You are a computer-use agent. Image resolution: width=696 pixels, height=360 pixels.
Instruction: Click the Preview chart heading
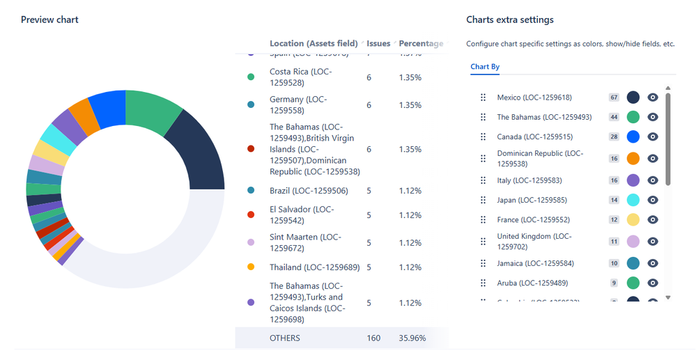click(49, 19)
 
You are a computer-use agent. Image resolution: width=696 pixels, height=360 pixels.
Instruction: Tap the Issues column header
click(378, 43)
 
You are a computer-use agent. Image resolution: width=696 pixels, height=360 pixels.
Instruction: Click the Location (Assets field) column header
click(314, 43)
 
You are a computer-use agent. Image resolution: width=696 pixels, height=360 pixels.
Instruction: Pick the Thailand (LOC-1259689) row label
click(314, 267)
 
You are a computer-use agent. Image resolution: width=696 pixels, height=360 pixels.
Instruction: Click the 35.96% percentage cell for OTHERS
click(412, 338)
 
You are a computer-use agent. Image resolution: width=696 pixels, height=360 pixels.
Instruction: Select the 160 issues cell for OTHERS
click(373, 338)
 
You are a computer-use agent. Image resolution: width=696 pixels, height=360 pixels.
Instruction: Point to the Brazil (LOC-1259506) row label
click(309, 191)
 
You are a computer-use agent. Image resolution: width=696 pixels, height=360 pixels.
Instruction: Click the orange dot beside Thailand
click(251, 267)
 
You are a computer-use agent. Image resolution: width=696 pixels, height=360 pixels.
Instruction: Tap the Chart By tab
click(485, 67)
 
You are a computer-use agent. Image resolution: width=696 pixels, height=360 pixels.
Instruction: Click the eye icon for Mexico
click(653, 97)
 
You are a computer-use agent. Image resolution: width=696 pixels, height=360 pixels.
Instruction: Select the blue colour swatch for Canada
click(633, 136)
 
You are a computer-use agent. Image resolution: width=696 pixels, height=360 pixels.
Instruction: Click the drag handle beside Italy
click(483, 180)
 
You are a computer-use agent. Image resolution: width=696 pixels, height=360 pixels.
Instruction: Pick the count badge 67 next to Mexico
click(614, 97)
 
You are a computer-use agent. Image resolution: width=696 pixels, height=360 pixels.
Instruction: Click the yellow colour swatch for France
click(633, 219)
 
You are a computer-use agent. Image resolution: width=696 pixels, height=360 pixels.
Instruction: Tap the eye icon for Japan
click(653, 200)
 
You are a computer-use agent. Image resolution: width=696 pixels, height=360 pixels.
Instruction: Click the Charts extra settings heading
click(510, 19)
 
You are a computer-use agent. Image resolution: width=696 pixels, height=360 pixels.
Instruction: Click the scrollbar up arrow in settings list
click(668, 88)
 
